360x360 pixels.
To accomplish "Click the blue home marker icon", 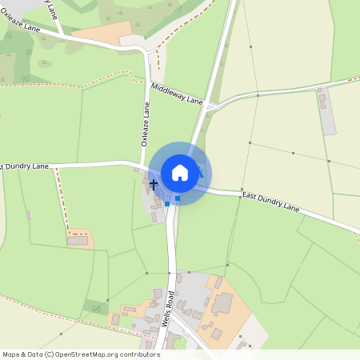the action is pos(180,173).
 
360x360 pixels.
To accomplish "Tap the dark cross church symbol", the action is pos(153,185).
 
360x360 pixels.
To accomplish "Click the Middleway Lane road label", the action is pos(177,94).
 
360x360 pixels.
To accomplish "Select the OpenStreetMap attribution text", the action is pos(81,354).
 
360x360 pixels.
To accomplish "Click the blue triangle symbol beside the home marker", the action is pos(201,174).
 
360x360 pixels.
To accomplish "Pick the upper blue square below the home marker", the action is pos(178,198).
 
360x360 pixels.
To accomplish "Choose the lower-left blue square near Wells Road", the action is pos(166,204).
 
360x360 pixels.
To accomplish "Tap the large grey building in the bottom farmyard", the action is pos(222,303).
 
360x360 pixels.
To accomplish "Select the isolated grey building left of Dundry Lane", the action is pos(78,240).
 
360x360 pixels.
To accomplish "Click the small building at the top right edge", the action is pos(322,102).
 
